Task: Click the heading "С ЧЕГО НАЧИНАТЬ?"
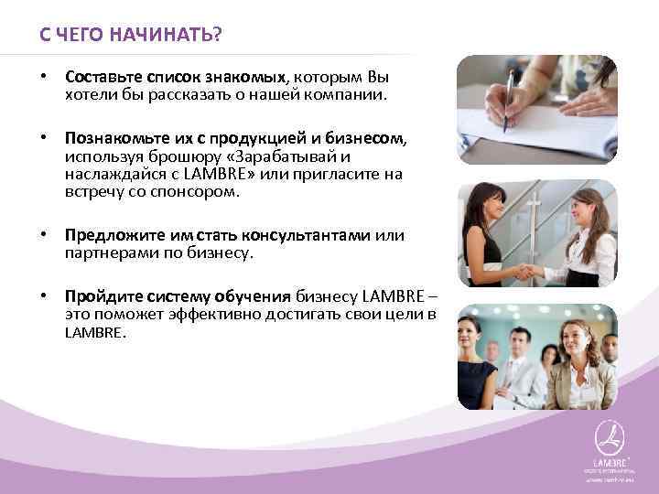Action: pos(130,35)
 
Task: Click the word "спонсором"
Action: pos(203,193)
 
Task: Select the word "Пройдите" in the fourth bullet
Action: pos(98,295)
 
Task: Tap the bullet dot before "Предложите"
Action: pos(44,236)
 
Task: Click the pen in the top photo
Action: pos(506,96)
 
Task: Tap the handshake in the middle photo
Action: pos(528,271)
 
